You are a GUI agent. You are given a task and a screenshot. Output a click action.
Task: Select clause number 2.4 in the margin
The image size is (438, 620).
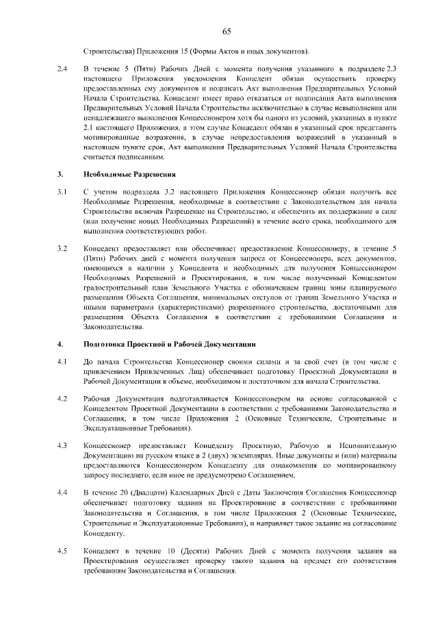(62, 69)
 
